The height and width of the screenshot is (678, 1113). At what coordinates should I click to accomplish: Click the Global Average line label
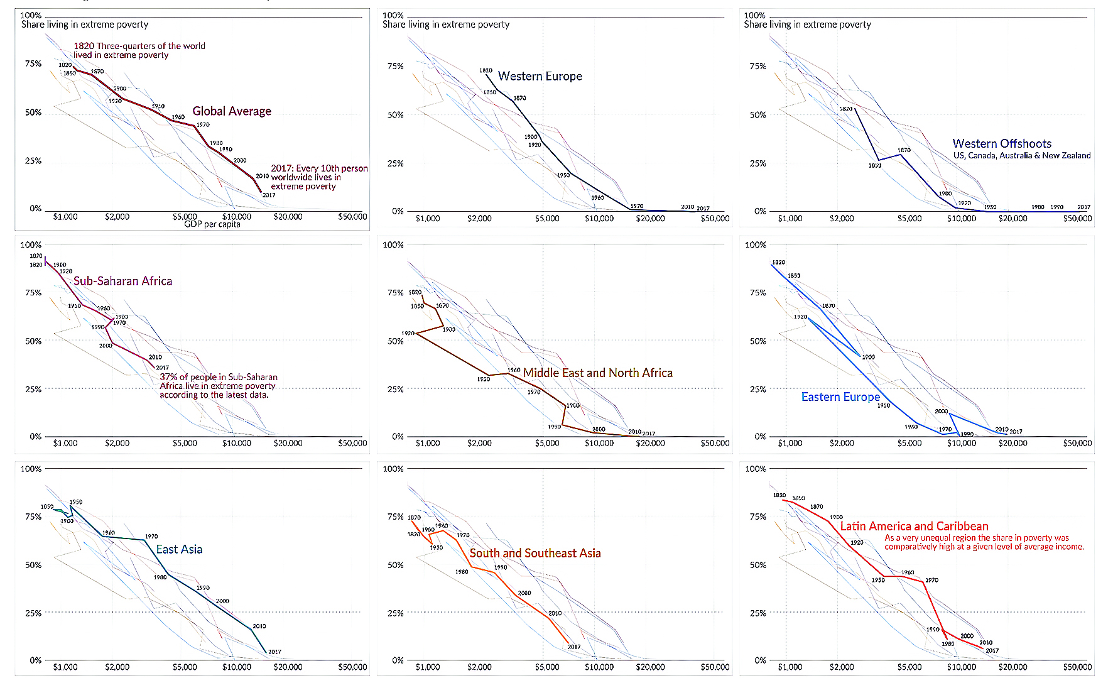point(232,111)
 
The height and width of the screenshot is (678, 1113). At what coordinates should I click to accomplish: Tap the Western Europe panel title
point(540,76)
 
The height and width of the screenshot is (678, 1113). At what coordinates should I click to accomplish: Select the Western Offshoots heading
point(1002,143)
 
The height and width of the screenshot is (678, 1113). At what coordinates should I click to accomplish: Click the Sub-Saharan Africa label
point(122,281)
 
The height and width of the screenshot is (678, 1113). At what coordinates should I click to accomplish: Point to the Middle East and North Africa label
point(597,373)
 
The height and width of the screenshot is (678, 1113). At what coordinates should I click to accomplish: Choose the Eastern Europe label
point(840,396)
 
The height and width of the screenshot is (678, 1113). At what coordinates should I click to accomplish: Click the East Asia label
point(179,549)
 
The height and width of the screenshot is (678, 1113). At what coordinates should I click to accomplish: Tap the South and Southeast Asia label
point(535,553)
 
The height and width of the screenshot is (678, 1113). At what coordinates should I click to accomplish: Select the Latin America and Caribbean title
point(914,526)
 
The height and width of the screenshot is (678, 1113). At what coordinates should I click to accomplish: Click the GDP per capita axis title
point(212,224)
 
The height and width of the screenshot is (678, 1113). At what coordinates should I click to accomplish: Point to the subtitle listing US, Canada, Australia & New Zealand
point(1021,155)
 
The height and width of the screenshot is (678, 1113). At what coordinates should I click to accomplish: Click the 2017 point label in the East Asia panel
point(274,652)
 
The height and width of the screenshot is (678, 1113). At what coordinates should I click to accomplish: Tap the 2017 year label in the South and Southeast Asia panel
point(574,647)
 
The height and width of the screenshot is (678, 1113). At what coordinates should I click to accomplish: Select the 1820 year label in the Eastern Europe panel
point(778,262)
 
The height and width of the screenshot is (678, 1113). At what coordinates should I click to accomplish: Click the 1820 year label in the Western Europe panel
point(486,70)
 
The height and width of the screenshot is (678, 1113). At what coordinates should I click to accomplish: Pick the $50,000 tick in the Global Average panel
point(352,217)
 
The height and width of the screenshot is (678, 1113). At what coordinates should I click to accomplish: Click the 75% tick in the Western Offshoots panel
point(757,66)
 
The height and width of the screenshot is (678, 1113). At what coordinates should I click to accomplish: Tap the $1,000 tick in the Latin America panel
point(790,667)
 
